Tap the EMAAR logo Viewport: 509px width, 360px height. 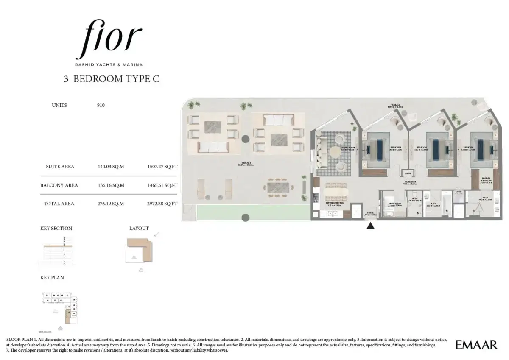tap(476, 345)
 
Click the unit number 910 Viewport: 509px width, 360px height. tap(101, 105)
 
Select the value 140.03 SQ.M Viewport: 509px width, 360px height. tap(111, 167)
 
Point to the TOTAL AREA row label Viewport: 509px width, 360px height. tap(59, 204)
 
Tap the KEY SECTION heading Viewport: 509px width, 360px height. tap(56, 228)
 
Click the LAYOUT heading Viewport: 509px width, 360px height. tap(139, 228)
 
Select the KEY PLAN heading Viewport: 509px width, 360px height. tap(52, 277)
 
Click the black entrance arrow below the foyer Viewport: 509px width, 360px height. tap(370, 226)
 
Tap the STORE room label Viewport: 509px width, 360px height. tap(408, 173)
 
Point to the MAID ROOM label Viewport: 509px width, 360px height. tap(395, 204)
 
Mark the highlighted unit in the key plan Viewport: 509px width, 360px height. tap(67, 314)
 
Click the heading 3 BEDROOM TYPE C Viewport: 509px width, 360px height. tap(112, 79)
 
